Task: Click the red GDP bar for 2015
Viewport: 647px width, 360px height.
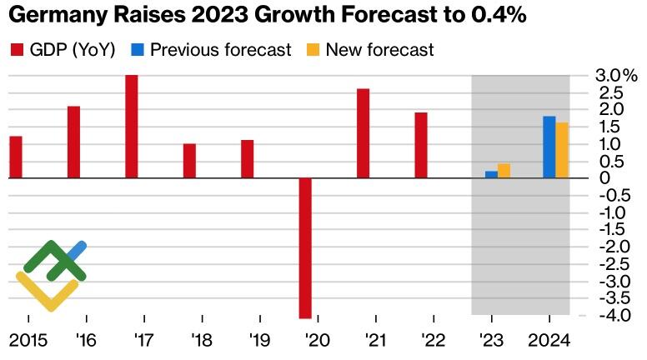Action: point(15,157)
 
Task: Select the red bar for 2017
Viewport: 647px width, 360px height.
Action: point(131,127)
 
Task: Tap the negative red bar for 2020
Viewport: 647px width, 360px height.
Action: point(305,247)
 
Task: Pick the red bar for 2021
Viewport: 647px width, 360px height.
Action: point(363,133)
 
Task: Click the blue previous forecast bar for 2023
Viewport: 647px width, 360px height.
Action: point(491,174)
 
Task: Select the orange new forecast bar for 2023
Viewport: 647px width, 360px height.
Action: point(504,171)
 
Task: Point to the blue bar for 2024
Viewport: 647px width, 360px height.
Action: point(549,147)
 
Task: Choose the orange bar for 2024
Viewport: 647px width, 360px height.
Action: point(562,150)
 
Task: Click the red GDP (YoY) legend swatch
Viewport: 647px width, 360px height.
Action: point(16,50)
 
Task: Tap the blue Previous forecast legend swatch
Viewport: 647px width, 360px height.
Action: point(138,50)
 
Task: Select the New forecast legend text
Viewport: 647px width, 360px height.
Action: point(379,50)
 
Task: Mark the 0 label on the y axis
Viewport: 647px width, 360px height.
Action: point(604,178)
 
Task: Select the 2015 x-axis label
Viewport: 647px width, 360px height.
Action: point(28,340)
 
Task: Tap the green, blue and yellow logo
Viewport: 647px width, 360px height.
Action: point(51,275)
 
